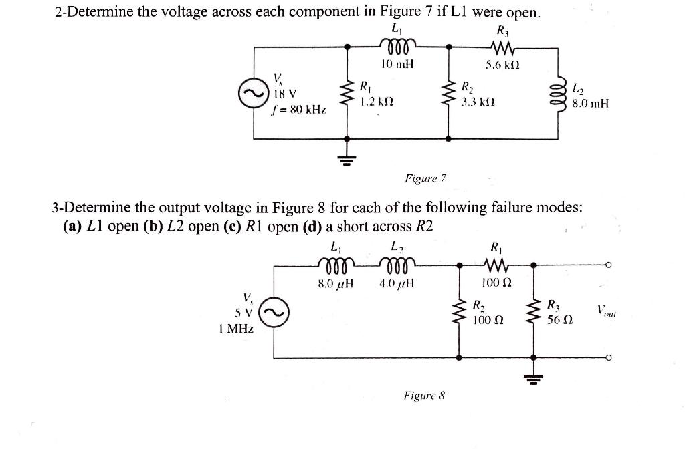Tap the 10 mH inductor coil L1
pyautogui.click(x=397, y=46)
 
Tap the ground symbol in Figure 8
pyautogui.click(x=534, y=380)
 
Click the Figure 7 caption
pyautogui.click(x=425, y=178)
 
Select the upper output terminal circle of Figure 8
pyautogui.click(x=607, y=265)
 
